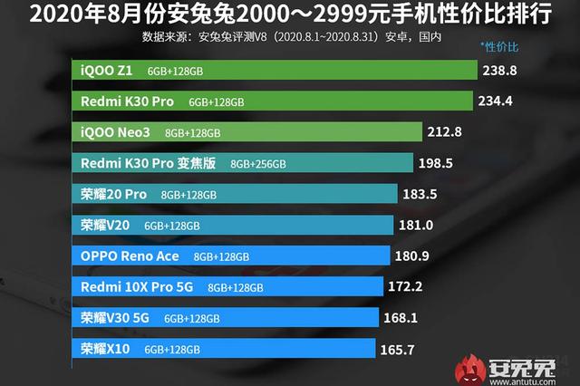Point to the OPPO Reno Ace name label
pyautogui.click(x=130, y=256)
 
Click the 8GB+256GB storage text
pyautogui.click(x=258, y=164)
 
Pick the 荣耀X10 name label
pyautogui.click(x=105, y=349)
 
